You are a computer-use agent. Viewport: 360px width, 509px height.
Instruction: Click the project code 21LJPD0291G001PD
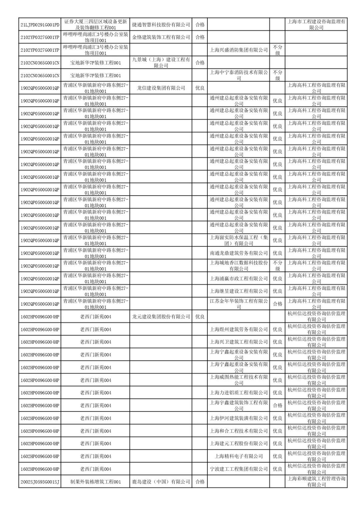click(x=40, y=24)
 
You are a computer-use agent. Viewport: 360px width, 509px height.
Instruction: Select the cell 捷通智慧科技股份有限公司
click(x=161, y=24)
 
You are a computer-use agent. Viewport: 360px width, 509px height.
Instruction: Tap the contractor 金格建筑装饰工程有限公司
click(x=161, y=37)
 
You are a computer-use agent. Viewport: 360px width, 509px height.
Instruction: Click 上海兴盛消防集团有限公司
click(x=239, y=50)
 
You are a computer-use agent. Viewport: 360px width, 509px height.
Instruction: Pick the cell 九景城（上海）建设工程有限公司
click(x=161, y=62)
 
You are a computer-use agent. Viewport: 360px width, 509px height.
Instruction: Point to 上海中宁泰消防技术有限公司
click(x=239, y=75)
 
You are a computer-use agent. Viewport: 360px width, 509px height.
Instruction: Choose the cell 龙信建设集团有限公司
click(x=161, y=88)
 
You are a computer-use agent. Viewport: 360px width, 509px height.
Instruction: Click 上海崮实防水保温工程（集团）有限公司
click(x=239, y=240)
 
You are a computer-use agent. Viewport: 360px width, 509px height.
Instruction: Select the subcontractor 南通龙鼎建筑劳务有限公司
click(x=239, y=253)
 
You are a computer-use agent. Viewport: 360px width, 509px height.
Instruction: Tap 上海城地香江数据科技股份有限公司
click(x=239, y=266)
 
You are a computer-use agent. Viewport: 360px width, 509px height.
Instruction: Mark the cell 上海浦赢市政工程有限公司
click(x=239, y=279)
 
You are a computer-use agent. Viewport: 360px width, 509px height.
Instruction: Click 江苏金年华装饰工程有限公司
click(x=239, y=304)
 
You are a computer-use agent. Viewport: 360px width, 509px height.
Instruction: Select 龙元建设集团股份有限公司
click(x=161, y=317)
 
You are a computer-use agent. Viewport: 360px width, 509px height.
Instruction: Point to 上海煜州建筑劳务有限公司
click(x=239, y=329)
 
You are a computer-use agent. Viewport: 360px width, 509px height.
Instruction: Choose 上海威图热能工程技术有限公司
click(x=239, y=380)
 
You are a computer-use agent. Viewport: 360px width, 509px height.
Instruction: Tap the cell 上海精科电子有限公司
click(x=239, y=456)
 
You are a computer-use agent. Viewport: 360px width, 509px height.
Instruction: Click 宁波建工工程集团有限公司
click(x=239, y=469)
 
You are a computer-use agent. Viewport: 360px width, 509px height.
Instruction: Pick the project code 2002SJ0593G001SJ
click(x=40, y=482)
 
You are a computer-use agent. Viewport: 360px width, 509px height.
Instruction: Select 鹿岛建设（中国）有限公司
click(x=161, y=482)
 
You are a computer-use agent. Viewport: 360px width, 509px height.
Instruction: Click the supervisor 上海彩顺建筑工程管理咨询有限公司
click(x=316, y=482)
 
